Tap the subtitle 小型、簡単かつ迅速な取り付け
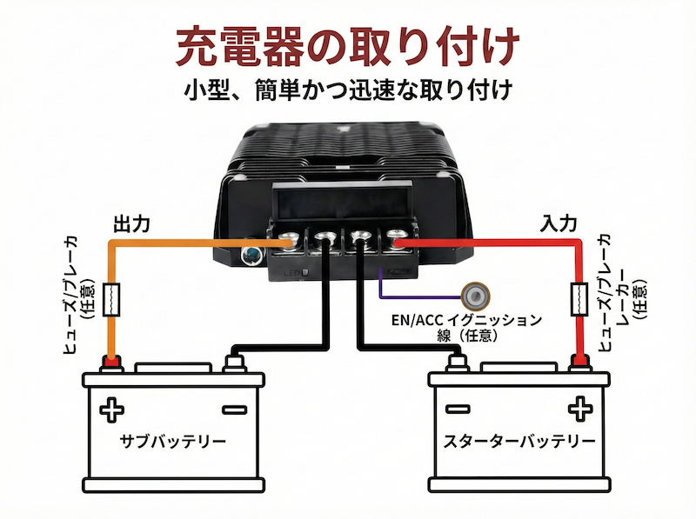pos(347,90)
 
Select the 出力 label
pos(131,223)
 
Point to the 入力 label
pos(558,223)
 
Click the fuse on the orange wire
pos(110,299)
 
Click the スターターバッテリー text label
pos(519,441)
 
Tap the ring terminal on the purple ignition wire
pos(476,292)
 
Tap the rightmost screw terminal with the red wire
pos(396,236)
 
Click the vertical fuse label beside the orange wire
pos(77,296)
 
